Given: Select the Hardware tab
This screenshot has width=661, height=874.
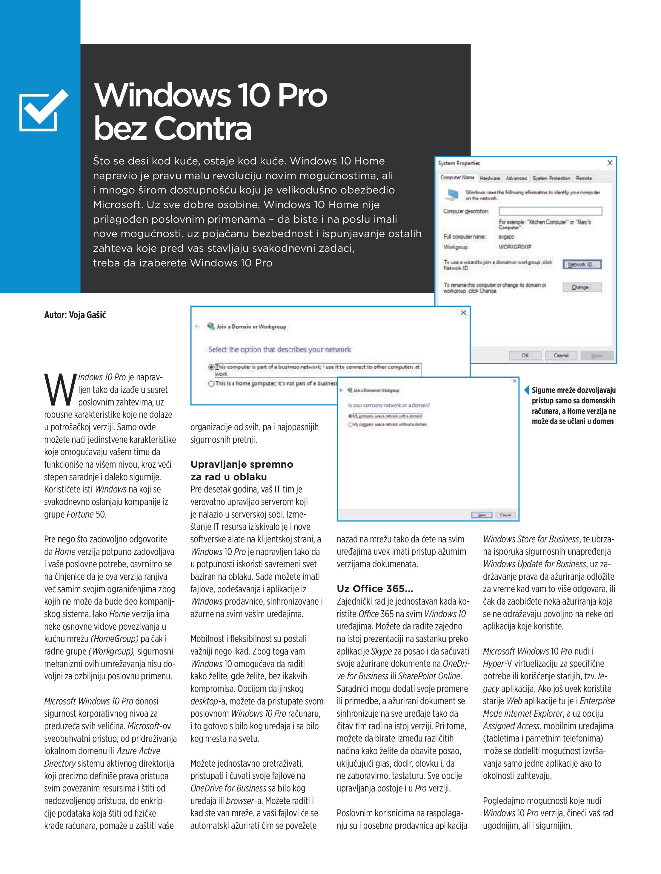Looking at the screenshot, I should pyautogui.click(x=490, y=179).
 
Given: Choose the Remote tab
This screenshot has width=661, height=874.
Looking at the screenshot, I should pyautogui.click(x=584, y=179).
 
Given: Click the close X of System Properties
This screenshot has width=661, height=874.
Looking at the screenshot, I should pyautogui.click(x=610, y=163).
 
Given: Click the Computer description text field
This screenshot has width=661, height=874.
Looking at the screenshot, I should pyautogui.click(x=551, y=211).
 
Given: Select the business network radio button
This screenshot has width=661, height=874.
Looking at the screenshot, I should pyautogui.click(x=211, y=367).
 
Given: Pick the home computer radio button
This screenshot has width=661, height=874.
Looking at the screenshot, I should pyautogui.click(x=211, y=383).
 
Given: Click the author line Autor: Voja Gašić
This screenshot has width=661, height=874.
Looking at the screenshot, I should pyautogui.click(x=75, y=315).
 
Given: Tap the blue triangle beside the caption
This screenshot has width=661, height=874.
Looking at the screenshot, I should pyautogui.click(x=526, y=390).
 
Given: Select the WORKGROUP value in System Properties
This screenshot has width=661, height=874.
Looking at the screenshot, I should pyautogui.click(x=515, y=247).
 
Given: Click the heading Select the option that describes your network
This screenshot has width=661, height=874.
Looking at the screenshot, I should pyautogui.click(x=279, y=349).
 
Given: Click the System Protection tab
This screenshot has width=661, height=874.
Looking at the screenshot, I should pyautogui.click(x=551, y=179).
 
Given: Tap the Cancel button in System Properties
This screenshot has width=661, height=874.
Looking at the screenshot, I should pyautogui.click(x=561, y=355).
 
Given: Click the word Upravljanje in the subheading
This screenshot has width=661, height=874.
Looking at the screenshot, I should pyautogui.click(x=219, y=464).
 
